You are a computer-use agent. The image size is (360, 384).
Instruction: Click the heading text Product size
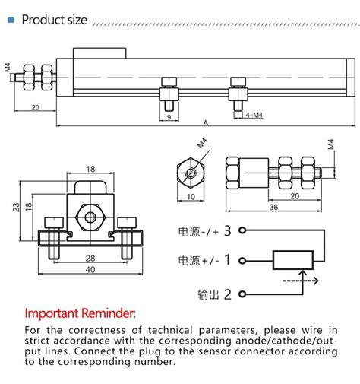(53, 20)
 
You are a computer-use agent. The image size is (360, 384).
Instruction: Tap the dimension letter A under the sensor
(207, 122)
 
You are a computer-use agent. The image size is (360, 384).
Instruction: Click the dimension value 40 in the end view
(90, 269)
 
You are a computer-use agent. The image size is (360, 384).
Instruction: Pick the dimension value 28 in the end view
(90, 257)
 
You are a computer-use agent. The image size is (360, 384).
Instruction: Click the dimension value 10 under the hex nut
(189, 196)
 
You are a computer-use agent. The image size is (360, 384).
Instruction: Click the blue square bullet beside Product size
(11, 20)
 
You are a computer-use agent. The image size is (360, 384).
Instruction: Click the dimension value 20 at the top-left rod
(35, 107)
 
